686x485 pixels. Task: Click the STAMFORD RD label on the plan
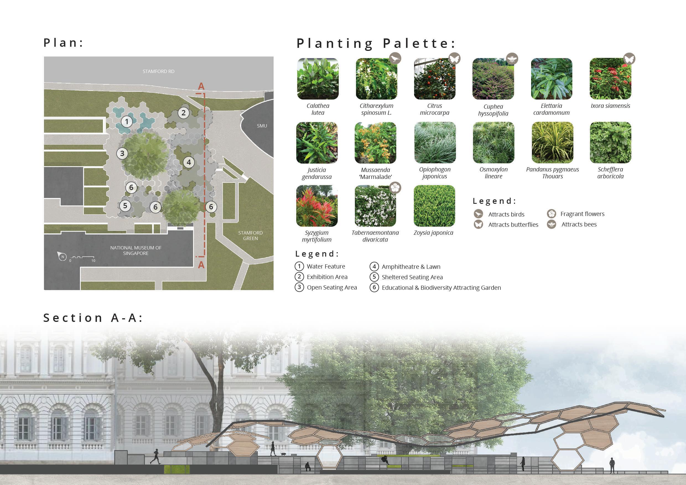click(158, 71)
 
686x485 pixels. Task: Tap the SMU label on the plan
click(262, 126)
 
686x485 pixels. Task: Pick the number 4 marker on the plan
click(189, 162)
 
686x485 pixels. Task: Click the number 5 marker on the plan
click(125, 205)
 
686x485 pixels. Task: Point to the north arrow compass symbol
click(62, 256)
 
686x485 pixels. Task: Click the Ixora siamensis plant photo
click(610, 79)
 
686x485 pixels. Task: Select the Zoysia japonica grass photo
click(434, 206)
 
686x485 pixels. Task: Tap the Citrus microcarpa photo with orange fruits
click(435, 79)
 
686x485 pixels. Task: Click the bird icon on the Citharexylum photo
click(395, 58)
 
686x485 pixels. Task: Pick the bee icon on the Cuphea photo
click(512, 59)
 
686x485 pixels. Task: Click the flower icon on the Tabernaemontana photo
click(395, 187)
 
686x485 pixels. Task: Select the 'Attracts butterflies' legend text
click(513, 225)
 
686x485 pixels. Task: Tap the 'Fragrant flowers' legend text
click(582, 214)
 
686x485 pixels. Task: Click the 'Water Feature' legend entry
click(326, 266)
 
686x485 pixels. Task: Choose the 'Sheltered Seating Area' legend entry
click(412, 277)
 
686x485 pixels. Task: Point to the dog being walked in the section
click(283, 454)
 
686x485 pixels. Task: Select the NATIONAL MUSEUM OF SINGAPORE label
click(136, 250)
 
